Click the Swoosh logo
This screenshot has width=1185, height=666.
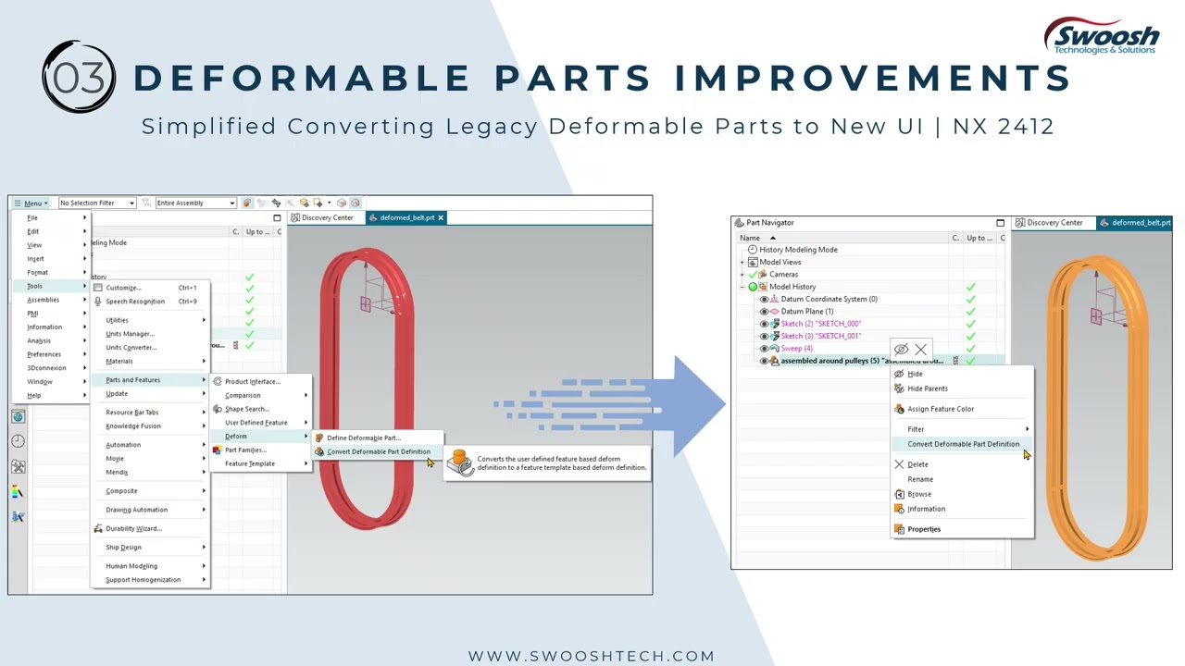1101,37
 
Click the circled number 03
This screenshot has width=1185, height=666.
79,77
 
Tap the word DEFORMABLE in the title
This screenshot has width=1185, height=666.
302,79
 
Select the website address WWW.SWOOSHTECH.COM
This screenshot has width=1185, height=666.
591,656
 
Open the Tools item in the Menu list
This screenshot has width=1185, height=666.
34,286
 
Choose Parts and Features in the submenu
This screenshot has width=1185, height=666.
132,380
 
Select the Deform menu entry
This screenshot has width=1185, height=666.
236,437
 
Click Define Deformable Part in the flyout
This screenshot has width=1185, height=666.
363,438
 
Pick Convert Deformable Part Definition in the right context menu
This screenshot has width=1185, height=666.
963,444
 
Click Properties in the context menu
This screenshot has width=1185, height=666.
923,529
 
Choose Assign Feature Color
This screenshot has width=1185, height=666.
940,409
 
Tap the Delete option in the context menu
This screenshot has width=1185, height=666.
917,464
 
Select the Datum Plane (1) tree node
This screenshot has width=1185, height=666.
806,312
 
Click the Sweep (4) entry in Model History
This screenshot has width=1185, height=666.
796,349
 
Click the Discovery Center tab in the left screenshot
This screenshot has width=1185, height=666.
327,218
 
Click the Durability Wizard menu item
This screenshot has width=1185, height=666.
133,529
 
